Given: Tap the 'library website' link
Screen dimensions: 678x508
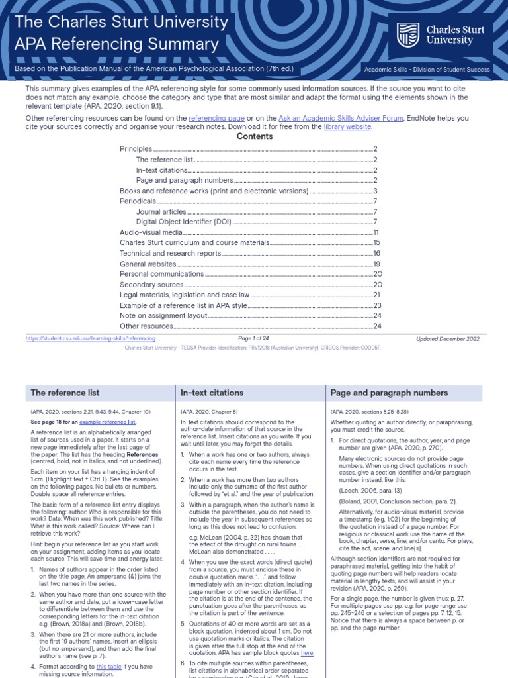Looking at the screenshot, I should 347,127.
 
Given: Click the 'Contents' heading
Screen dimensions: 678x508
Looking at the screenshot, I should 254,136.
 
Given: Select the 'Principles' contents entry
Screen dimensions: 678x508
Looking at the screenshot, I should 136,149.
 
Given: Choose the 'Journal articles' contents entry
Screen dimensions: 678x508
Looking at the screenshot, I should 161,212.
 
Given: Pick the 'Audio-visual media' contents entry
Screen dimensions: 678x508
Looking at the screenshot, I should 150,232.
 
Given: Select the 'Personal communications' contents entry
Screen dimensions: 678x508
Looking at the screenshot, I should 161,274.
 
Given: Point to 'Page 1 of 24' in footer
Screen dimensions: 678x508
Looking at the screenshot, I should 254,338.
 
